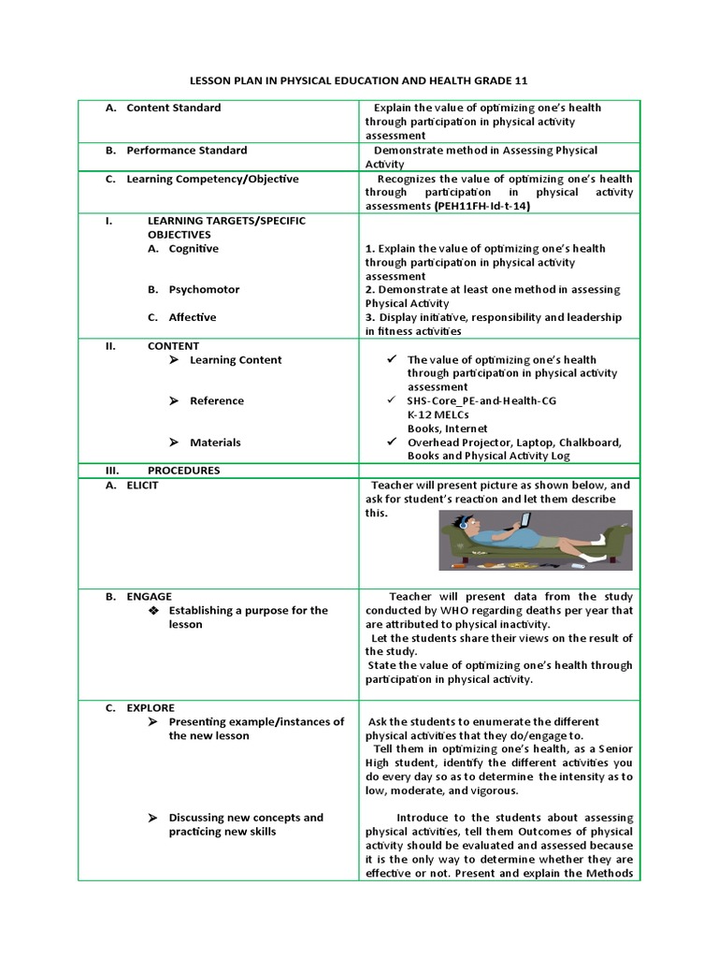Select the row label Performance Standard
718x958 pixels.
tap(186, 150)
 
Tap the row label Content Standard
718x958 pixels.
tap(173, 108)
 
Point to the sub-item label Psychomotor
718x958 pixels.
tap(204, 290)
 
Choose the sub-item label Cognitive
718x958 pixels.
tap(194, 249)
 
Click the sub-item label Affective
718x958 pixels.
tap(193, 317)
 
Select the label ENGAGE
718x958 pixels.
tap(149, 596)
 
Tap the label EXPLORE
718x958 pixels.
tap(151, 708)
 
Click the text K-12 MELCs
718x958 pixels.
tap(438, 414)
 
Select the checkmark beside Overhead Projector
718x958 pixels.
tap(392, 442)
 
